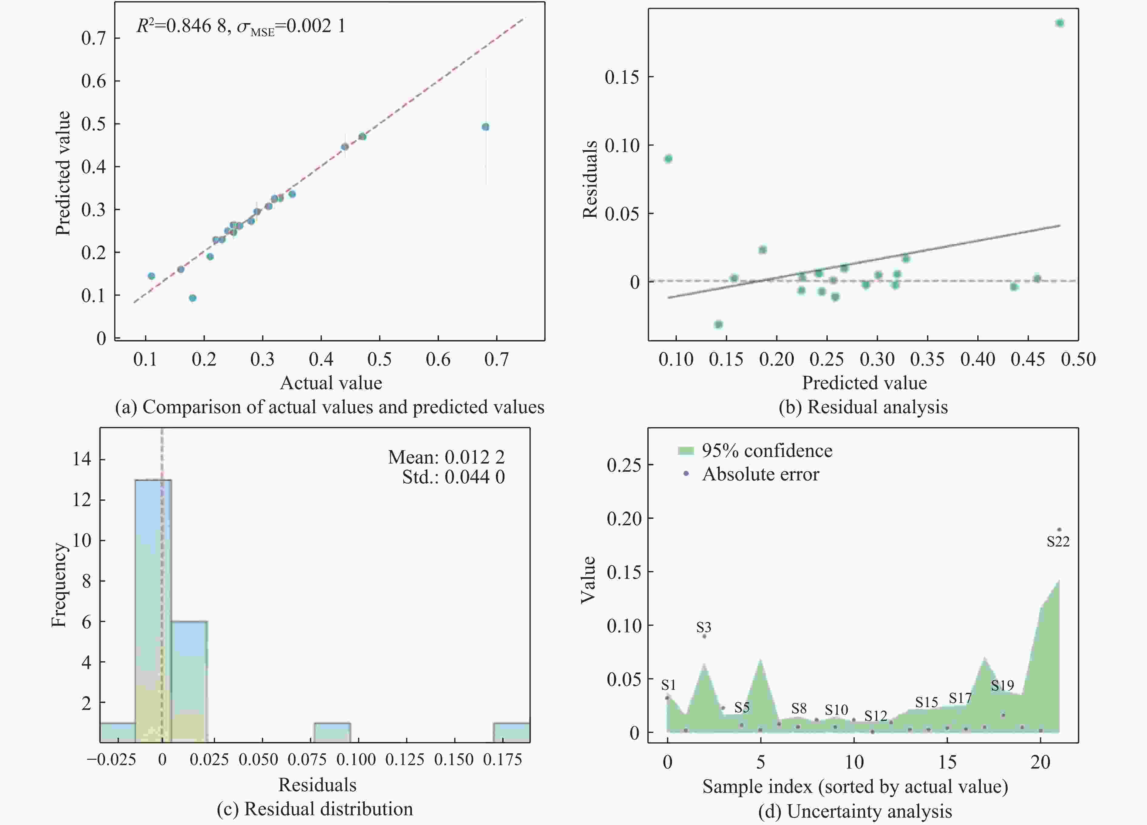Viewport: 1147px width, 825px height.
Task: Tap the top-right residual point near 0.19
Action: point(1060,23)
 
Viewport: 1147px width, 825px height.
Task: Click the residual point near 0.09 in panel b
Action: point(668,159)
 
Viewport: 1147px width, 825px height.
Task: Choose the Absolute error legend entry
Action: point(760,474)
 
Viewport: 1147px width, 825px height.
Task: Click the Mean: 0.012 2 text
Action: point(446,457)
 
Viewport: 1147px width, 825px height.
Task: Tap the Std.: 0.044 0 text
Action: point(453,477)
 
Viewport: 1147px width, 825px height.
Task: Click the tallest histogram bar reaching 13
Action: point(153,608)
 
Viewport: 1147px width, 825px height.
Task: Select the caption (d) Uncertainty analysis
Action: point(855,811)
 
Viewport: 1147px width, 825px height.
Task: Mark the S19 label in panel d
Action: point(1002,685)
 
